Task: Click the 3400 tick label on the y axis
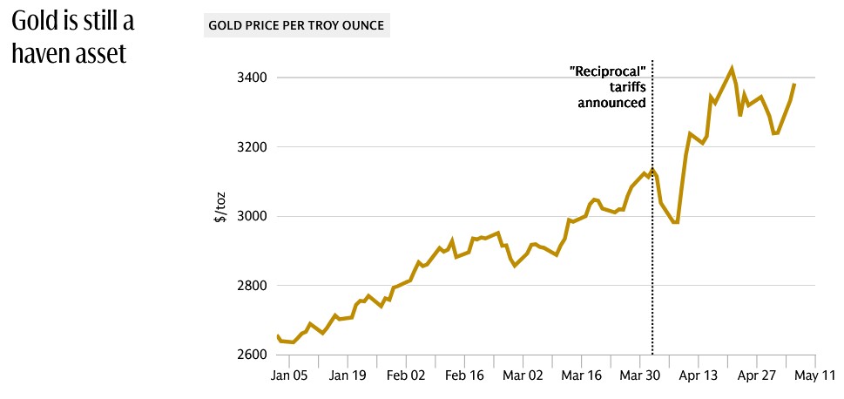(x=251, y=78)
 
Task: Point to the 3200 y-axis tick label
(x=251, y=147)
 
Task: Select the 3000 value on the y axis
(x=251, y=216)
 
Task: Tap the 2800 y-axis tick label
(x=251, y=286)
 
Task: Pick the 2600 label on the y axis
(x=251, y=355)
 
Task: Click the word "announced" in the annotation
(x=612, y=103)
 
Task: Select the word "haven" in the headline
(x=40, y=54)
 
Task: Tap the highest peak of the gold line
(x=732, y=67)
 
